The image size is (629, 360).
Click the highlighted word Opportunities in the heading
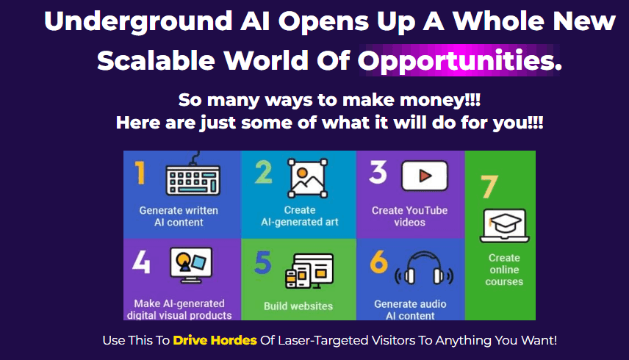pyautogui.click(x=461, y=61)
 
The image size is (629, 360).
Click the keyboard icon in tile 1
pyautogui.click(x=193, y=176)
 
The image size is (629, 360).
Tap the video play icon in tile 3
pyautogui.click(x=423, y=176)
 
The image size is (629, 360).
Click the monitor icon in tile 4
pyautogui.click(x=190, y=264)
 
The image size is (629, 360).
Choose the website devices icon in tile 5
pyautogui.click(x=309, y=271)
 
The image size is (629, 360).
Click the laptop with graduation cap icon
pyautogui.click(x=504, y=225)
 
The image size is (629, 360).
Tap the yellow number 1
pyautogui.click(x=140, y=173)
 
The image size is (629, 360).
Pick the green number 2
pyautogui.click(x=264, y=173)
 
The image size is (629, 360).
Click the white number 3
pyautogui.click(x=378, y=173)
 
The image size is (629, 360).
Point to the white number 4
pyautogui.click(x=142, y=262)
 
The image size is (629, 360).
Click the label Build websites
pyautogui.click(x=298, y=306)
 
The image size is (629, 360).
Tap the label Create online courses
pyautogui.click(x=504, y=270)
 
